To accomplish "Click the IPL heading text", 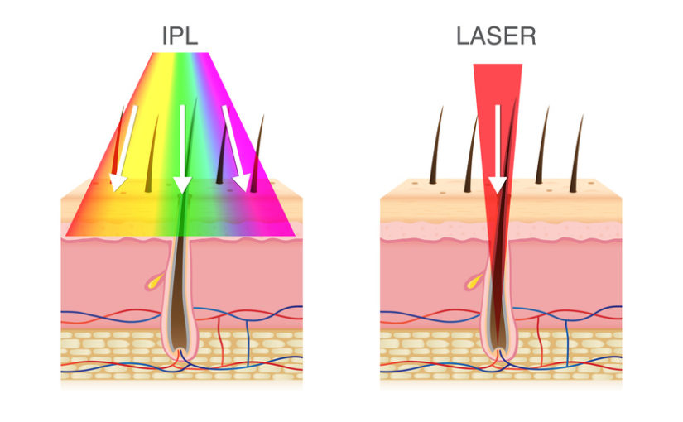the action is [180, 36].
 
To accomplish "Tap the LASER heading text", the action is [496, 36].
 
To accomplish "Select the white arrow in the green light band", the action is [182, 149].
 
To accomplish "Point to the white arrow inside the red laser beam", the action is [498, 149].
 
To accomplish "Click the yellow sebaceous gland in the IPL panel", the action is [155, 281].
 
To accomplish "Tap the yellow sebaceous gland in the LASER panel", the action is [474, 281].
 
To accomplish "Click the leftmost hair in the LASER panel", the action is [436, 146].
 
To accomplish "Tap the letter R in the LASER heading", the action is [528, 36].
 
